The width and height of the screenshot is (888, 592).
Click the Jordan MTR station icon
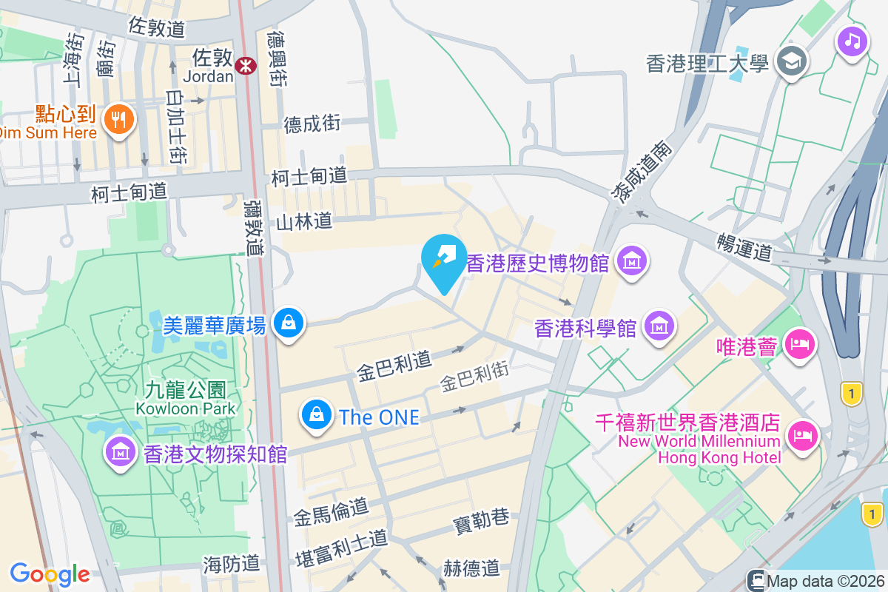click(245, 66)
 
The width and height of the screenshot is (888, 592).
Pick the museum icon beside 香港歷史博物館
click(632, 262)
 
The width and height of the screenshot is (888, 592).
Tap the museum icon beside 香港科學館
click(658, 326)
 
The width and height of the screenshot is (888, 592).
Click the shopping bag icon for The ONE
click(317, 416)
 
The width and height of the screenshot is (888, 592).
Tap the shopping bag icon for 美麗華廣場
click(287, 323)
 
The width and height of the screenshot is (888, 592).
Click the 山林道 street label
click(303, 221)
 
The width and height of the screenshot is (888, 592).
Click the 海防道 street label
click(232, 565)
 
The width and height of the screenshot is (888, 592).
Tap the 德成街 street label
click(312, 123)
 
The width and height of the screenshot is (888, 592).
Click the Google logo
click(50, 574)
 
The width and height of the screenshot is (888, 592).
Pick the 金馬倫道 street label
click(331, 512)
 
